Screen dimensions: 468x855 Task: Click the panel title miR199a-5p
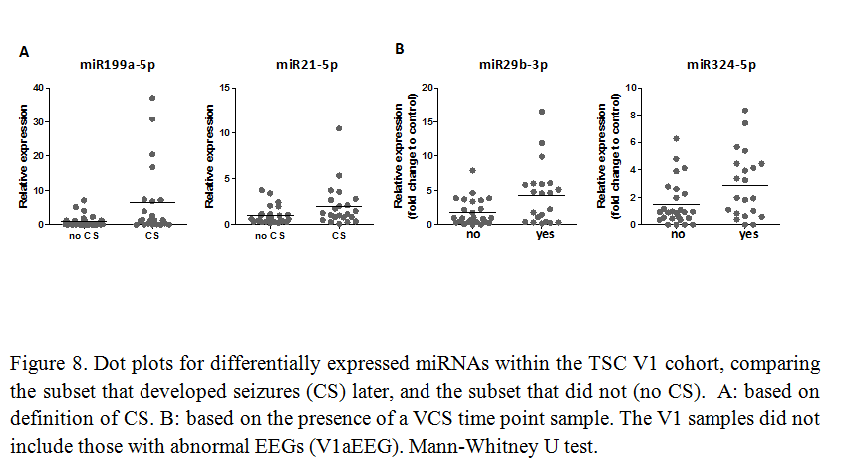coord(119,65)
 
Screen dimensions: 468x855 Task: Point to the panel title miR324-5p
coord(720,65)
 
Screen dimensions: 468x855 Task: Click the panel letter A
coord(23,50)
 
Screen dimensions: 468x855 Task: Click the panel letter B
coord(400,48)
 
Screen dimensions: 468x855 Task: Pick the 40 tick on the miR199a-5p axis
coord(38,88)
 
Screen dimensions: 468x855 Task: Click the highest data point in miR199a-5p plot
coord(153,98)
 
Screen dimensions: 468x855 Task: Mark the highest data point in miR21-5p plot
coord(340,128)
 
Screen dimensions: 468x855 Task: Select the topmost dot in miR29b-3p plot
coord(542,112)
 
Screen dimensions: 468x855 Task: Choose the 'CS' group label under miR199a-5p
coord(152,236)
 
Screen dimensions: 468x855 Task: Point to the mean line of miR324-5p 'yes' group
coord(747,186)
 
